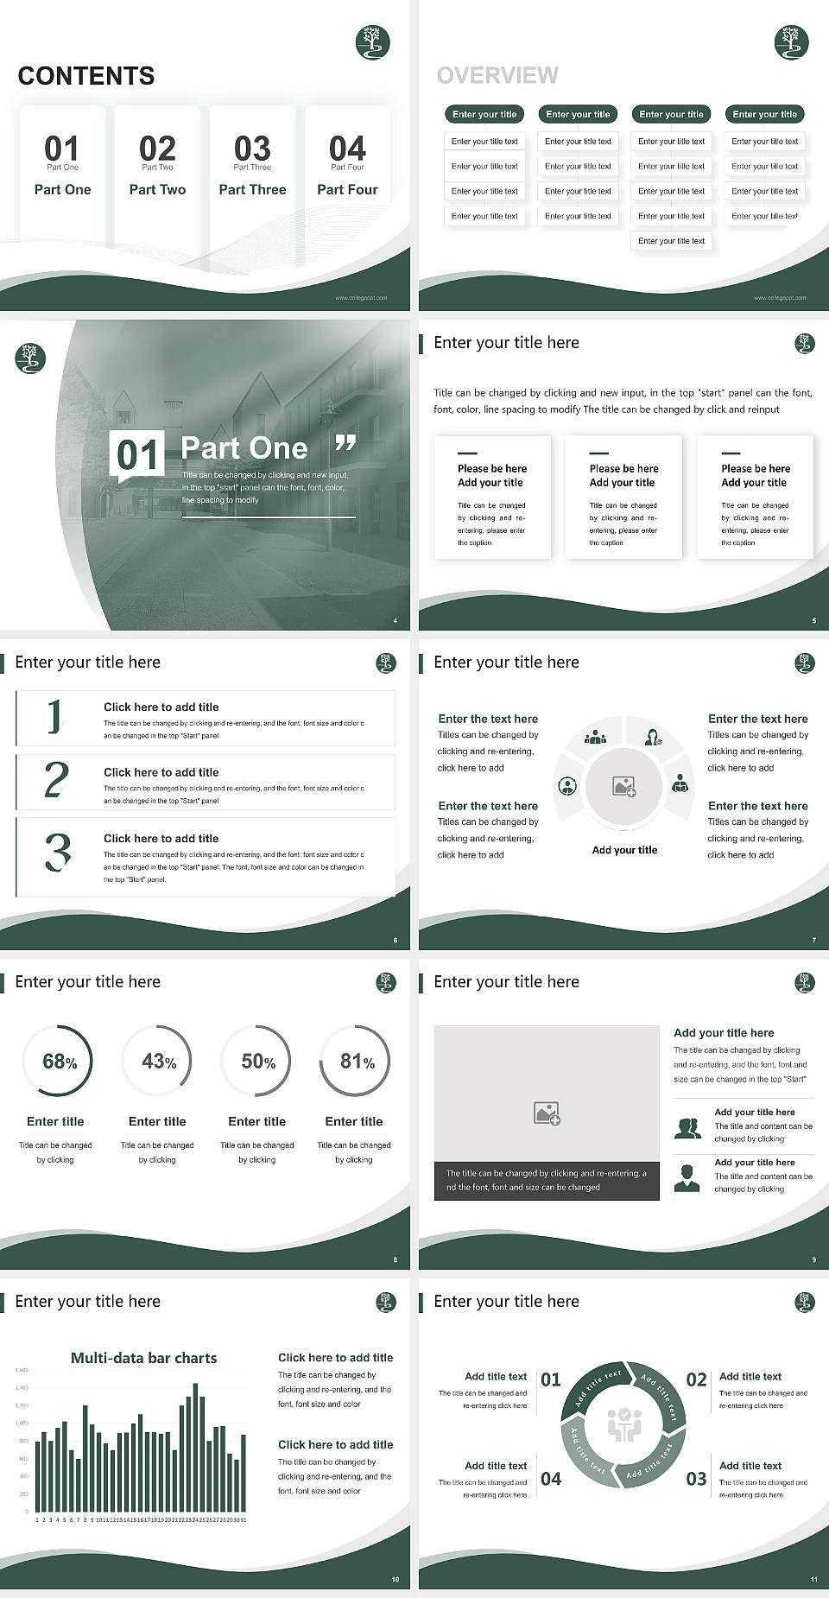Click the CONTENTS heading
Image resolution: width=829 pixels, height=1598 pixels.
coord(85,76)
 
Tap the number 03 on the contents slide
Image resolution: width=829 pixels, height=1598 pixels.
coord(252,149)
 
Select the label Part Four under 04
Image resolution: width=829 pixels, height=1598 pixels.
coord(347,189)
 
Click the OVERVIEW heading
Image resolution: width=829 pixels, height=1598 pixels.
coord(497,76)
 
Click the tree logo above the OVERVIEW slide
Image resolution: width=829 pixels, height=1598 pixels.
coord(791,42)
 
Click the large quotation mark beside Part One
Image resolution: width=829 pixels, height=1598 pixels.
coord(345,443)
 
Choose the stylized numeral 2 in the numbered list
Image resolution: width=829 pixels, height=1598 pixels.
coord(56,780)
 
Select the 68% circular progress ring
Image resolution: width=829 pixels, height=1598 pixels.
coord(57,1061)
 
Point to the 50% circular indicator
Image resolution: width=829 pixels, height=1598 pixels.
coord(257,1061)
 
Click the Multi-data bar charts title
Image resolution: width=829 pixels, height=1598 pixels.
coord(144,1358)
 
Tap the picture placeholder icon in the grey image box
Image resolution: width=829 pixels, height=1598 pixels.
coord(547,1113)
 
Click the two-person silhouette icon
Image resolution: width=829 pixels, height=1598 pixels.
coord(687,1128)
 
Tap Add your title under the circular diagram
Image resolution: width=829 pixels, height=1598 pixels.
coord(624,850)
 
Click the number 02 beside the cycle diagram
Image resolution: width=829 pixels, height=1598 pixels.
coord(696,1380)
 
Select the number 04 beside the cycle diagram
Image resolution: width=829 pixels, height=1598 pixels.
coord(551,1479)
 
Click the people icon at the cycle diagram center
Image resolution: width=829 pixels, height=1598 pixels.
coord(623,1424)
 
